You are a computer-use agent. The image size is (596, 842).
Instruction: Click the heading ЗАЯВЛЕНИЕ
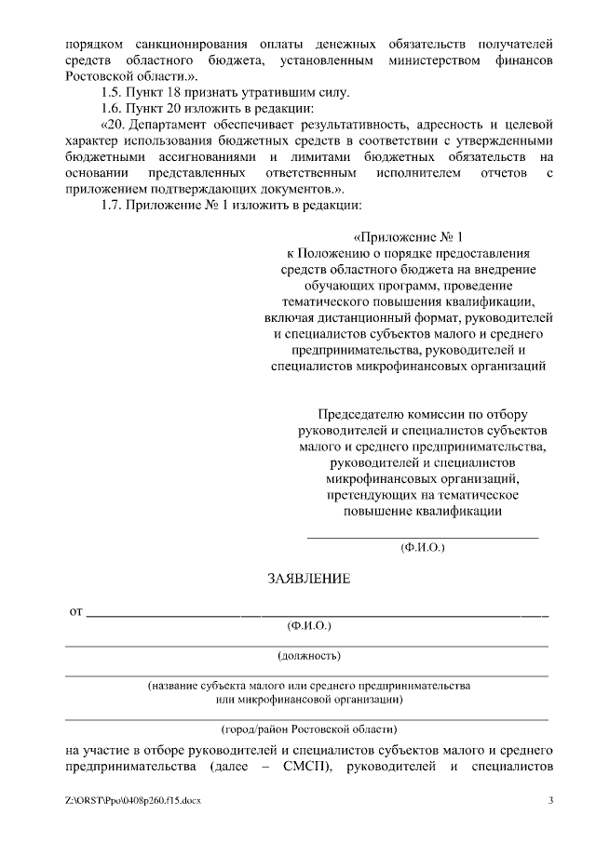(308, 579)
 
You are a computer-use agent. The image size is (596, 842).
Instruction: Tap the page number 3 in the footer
(550, 801)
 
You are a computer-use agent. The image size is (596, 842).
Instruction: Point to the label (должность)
(308, 656)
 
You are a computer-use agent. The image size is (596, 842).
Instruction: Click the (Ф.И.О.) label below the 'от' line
(308, 626)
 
